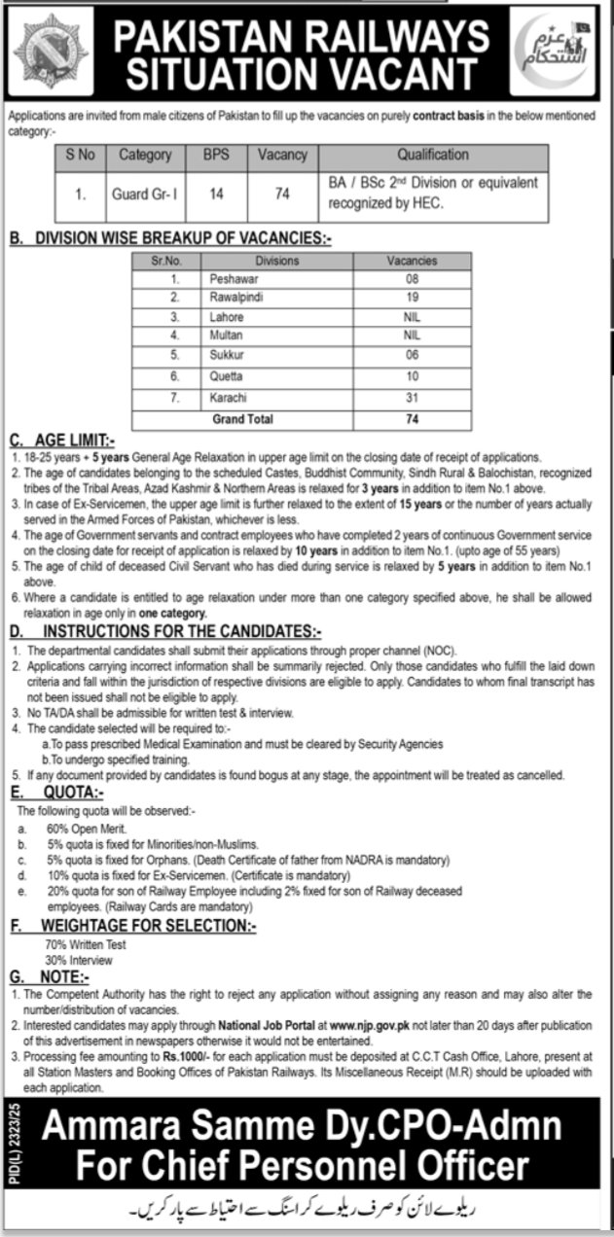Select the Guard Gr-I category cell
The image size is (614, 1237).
[x=144, y=194]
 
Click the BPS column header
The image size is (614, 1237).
[x=216, y=155]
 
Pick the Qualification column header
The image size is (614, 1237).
[x=432, y=155]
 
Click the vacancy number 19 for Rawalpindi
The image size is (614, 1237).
[x=412, y=297]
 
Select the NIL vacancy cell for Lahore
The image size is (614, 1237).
[x=412, y=317]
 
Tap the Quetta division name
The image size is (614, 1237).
[x=226, y=375]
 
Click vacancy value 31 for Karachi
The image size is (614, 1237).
[x=412, y=399]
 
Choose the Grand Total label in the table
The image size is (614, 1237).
[x=243, y=419]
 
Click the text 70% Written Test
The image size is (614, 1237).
[x=85, y=944]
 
